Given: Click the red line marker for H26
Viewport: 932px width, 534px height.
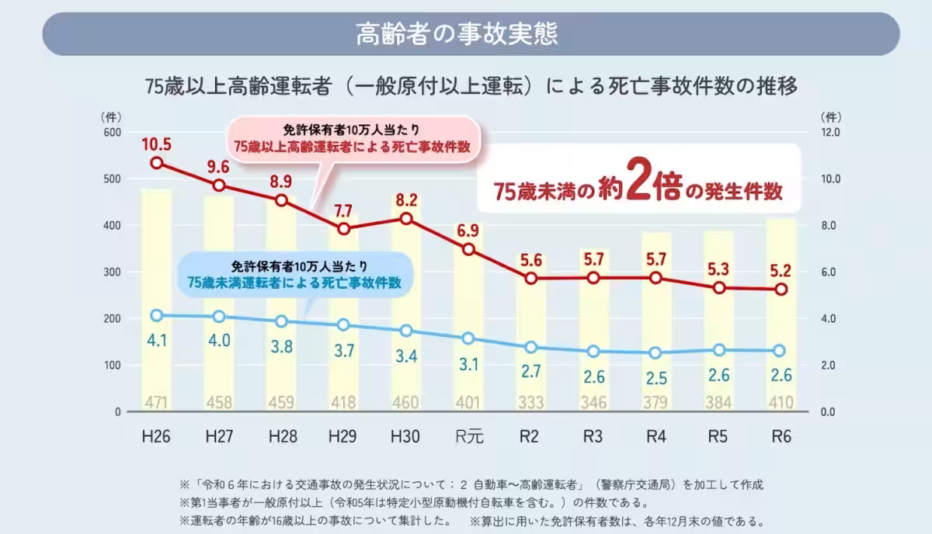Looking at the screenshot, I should (157, 163).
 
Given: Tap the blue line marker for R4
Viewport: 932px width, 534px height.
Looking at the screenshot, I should (656, 352).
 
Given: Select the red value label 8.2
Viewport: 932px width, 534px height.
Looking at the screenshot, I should (407, 199).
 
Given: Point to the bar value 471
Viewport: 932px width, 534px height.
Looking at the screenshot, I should (157, 403).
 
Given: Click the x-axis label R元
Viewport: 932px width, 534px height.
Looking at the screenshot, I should (469, 436).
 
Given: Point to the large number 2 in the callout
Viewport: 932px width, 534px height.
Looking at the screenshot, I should (639, 185).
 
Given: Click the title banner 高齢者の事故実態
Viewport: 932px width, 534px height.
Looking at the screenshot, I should (471, 34).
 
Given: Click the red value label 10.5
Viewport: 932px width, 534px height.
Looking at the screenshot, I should (157, 144).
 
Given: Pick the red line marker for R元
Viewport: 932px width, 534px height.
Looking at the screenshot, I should (469, 249).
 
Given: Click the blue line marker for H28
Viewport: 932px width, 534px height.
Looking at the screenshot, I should (282, 321).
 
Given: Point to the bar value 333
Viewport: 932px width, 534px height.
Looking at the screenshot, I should (531, 403).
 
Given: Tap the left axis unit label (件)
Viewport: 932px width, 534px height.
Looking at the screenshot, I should (111, 116).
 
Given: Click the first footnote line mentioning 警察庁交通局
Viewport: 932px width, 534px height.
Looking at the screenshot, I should (471, 484).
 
